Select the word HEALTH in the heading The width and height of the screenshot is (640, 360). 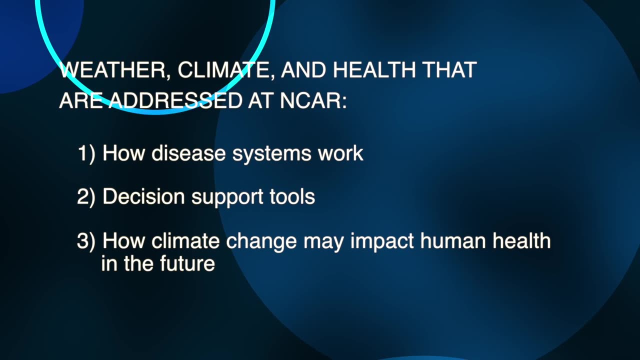(x=374, y=70)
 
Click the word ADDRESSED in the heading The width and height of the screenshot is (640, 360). (x=175, y=101)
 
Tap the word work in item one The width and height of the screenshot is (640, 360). (x=340, y=153)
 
